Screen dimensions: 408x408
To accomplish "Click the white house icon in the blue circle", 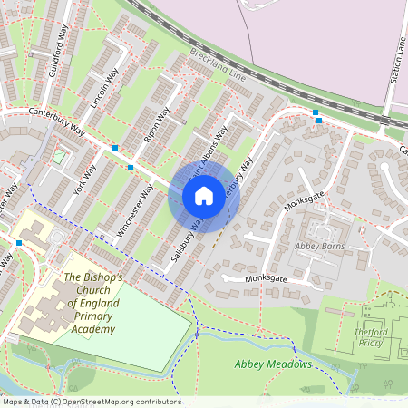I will click(204, 195).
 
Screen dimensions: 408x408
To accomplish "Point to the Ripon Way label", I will click(157, 129).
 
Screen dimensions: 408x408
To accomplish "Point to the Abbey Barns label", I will click(321, 245).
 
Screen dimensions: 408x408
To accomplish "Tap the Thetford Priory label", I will click(379, 338).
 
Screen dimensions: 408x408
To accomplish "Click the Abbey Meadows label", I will click(273, 364).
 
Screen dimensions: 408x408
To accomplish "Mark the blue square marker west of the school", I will click(19, 243).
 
